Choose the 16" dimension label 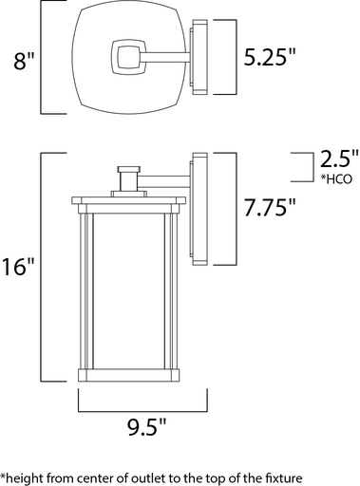(18, 265)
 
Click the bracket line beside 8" (41, 57)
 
